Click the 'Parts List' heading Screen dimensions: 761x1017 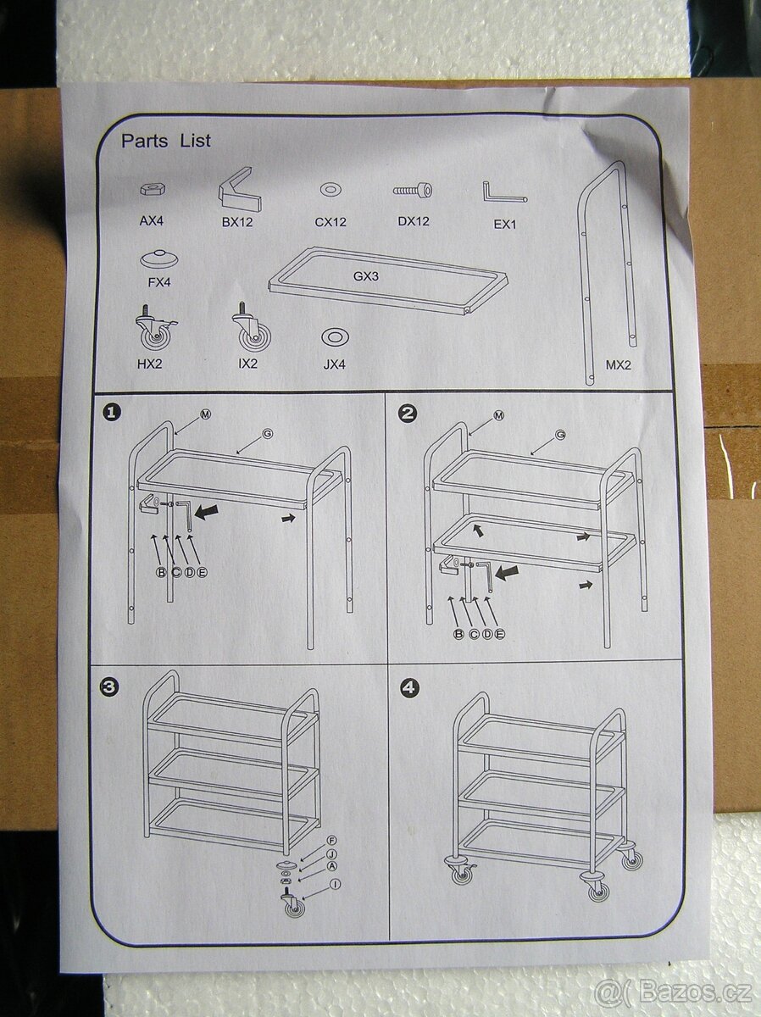click(166, 141)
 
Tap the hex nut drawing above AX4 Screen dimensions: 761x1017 click(153, 189)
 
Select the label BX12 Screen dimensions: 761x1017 click(237, 222)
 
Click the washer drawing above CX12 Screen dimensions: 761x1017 click(331, 190)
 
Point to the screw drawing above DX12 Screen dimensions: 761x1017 click(413, 190)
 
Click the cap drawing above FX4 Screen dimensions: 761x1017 click(158, 258)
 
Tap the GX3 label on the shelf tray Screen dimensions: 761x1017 click(366, 276)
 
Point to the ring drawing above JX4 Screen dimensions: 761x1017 click(335, 337)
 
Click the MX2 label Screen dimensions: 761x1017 click(619, 365)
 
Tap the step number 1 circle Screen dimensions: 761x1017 click(112, 413)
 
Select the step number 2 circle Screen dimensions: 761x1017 click(407, 414)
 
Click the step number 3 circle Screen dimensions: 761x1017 click(109, 686)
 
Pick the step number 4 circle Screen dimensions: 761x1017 click(409, 688)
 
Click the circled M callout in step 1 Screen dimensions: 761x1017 click(206, 414)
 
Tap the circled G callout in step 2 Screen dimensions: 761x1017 click(560, 435)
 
